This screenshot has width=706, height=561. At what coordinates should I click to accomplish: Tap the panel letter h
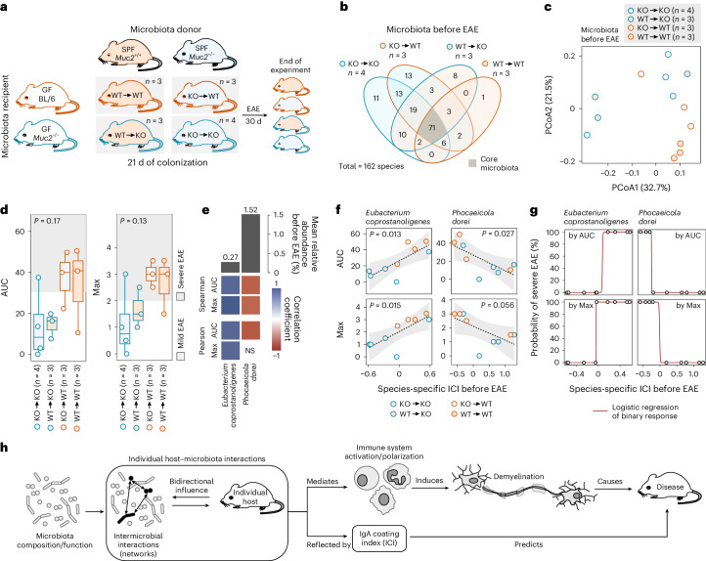[7, 407]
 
